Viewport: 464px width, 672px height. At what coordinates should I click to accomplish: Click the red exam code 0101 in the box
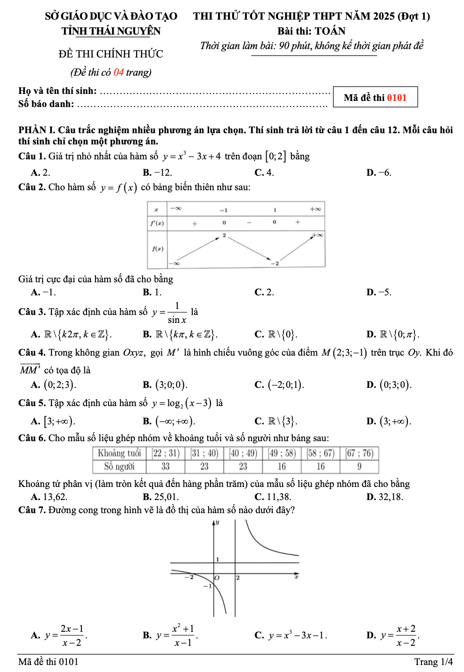tap(397, 98)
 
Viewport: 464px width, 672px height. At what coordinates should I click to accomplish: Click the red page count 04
tap(118, 72)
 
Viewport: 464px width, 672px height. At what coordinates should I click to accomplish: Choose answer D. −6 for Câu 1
tap(379, 172)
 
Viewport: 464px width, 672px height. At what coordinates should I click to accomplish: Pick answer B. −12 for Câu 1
tap(158, 172)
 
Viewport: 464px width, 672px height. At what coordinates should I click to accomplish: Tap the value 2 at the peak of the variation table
tap(224, 235)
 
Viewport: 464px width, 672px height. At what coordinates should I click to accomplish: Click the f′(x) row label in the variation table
tap(157, 223)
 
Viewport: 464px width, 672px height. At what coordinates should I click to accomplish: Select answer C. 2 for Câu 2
tap(264, 292)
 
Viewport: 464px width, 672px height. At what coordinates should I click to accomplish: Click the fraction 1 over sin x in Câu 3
tap(177, 313)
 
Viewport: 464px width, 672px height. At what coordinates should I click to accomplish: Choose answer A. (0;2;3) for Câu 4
tap(54, 385)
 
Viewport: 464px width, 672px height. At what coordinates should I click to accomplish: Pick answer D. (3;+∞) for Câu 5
tap(389, 421)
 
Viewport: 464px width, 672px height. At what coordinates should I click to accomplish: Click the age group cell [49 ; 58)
tap(282, 453)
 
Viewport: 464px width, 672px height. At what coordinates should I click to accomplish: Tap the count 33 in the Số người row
tap(166, 466)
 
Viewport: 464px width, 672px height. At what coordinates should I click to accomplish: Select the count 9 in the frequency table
tap(359, 466)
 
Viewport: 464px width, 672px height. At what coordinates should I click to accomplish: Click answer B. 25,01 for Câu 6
tap(160, 497)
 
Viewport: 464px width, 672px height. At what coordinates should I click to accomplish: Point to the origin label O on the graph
tap(217, 578)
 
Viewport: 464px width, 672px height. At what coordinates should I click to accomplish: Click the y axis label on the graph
tap(217, 523)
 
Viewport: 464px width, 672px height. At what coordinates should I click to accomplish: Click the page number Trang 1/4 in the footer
tap(433, 662)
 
